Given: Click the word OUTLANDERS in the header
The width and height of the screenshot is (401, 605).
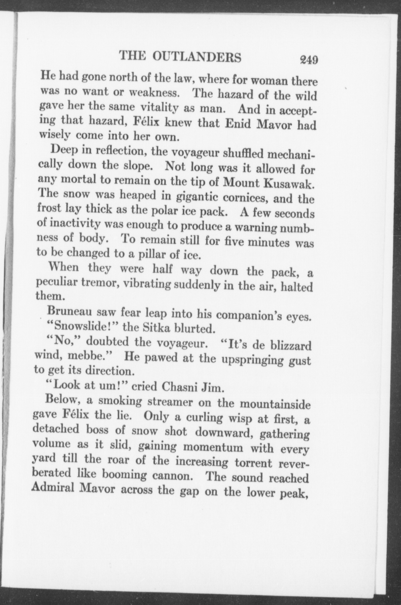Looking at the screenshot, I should (197, 57).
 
